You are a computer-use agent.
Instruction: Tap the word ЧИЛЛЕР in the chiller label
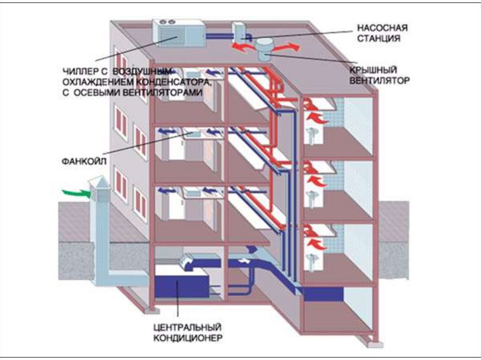79,71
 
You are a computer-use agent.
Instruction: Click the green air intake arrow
76,192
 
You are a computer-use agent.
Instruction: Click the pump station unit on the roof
240,32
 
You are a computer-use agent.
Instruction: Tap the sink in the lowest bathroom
311,260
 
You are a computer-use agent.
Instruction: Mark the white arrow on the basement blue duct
244,260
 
